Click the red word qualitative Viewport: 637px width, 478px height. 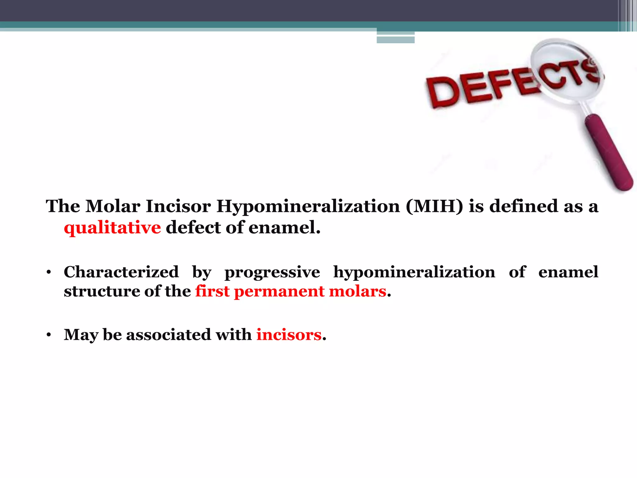pyautogui.click(x=112, y=228)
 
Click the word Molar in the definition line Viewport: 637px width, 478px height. pyautogui.click(x=113, y=206)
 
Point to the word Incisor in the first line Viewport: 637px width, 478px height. pyautogui.click(x=178, y=206)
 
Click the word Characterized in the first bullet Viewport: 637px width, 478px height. pyautogui.click(x=121, y=272)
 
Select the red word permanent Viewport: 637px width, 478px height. pyautogui.click(x=279, y=292)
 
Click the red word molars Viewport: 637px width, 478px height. pyautogui.click(x=357, y=291)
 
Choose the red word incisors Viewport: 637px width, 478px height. pyautogui.click(x=289, y=335)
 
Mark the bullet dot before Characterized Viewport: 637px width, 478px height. pyautogui.click(x=48, y=273)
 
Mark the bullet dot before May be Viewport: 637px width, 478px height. pyautogui.click(x=48, y=335)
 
